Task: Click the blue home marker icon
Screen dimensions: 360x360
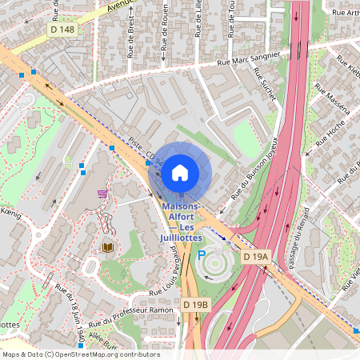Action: point(180,172)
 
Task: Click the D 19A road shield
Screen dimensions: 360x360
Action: point(256,257)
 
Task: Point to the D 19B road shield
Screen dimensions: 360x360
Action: point(194,305)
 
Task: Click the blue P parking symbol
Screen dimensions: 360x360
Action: point(202,256)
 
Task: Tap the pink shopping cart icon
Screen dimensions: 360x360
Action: point(102,194)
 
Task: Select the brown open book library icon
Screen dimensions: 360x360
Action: point(107,248)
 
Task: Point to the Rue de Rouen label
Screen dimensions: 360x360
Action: point(164,24)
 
